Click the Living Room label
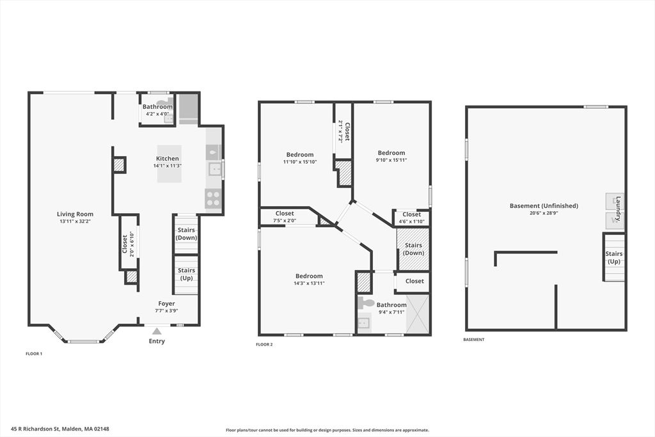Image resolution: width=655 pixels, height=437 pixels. (75, 214)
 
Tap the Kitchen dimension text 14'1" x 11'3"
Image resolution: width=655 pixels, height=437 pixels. (168, 166)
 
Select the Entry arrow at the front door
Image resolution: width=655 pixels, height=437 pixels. (157, 331)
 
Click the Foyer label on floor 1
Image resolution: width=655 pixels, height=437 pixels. (166, 303)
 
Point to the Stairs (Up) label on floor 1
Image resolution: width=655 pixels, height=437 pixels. (186, 274)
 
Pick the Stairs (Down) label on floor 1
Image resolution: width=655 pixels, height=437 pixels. (186, 234)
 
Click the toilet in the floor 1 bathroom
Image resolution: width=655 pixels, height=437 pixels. (163, 102)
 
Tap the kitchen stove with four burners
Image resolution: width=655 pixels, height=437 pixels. (213, 196)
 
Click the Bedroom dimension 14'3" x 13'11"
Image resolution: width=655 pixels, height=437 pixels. (309, 283)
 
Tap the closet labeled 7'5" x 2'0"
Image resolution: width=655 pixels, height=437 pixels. (285, 217)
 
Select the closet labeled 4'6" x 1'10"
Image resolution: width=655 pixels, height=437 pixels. (411, 218)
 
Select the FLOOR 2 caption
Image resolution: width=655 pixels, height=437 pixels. (264, 345)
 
